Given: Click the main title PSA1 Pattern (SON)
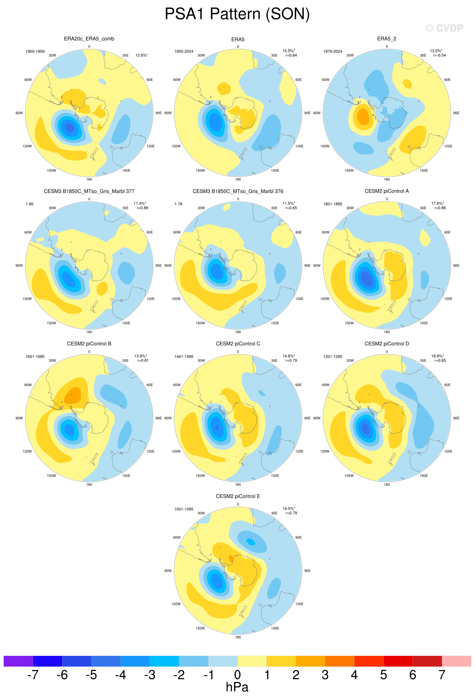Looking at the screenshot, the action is coord(237,14).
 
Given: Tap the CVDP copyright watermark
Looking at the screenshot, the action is coord(444,28).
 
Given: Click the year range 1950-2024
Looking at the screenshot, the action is coord(184,51).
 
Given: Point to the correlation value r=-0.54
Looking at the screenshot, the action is coord(439,55).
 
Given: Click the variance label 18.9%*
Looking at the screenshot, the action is coord(438,356).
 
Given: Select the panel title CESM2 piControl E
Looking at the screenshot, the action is coord(238,496).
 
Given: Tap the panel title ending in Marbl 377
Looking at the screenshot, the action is coord(89,191).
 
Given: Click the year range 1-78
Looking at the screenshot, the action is coord(178,204).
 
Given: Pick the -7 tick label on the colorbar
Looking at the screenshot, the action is coord(33,675).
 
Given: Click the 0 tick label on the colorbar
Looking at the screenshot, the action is coord(237,675).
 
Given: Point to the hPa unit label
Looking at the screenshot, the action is coord(237,687).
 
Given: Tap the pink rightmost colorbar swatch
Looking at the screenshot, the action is coord(456,661).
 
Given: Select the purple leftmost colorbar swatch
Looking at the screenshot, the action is coord(18,661).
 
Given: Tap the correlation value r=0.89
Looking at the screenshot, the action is coord(142,208).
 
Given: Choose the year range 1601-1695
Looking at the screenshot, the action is coord(35,357).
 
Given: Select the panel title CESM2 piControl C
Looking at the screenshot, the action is coord(238,343).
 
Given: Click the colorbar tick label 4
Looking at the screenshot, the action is coord(354,675).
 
